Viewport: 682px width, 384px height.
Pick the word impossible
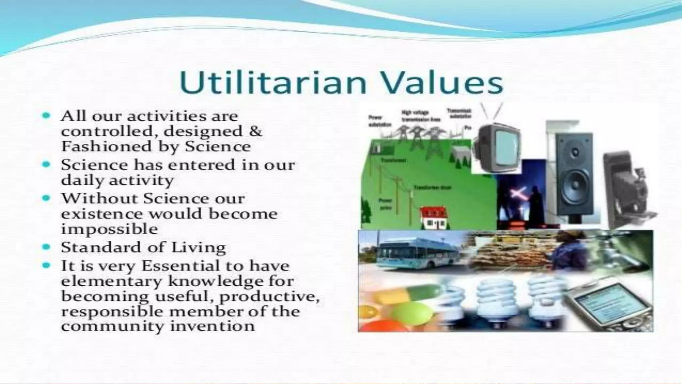[x=109, y=229]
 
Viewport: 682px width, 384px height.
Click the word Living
[x=198, y=247]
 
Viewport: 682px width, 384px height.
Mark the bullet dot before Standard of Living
[x=47, y=247]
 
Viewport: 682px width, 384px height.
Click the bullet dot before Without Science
[x=47, y=198]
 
